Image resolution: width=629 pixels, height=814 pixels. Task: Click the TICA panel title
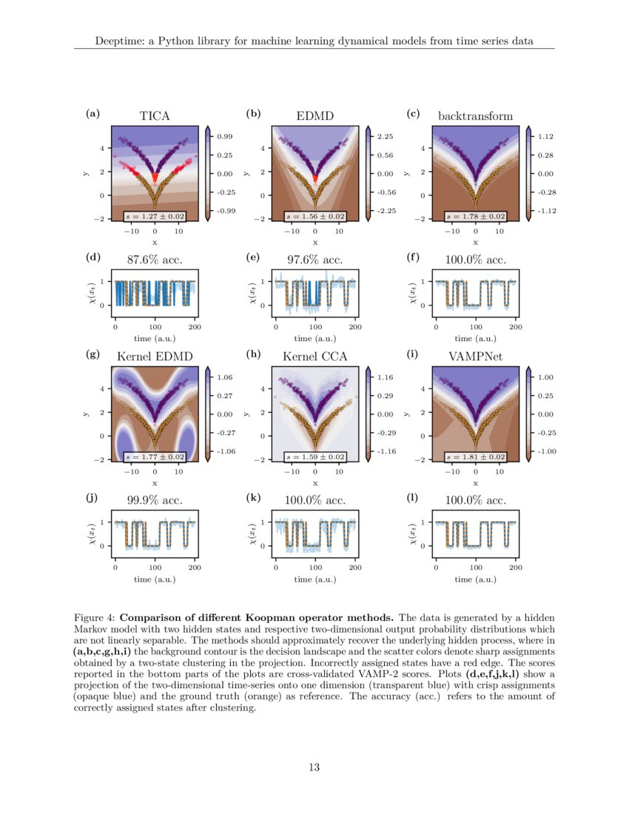click(155, 115)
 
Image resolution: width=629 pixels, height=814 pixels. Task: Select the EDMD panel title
click(314, 115)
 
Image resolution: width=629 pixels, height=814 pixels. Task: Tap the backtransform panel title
click(475, 115)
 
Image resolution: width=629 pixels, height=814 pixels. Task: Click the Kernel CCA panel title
click(314, 357)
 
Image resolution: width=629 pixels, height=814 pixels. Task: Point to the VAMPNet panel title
click(475, 357)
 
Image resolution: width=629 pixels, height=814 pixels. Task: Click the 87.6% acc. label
click(155, 260)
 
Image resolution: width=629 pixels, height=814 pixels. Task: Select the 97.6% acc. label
click(314, 260)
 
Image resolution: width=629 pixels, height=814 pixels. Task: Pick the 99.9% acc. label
click(155, 500)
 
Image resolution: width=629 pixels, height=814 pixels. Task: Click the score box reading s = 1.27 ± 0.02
click(155, 216)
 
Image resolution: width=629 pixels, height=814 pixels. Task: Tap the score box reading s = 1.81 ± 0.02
click(475, 457)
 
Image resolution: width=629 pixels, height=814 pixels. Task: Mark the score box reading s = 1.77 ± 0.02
click(155, 457)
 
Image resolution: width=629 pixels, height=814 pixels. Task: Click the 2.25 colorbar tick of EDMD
click(386, 137)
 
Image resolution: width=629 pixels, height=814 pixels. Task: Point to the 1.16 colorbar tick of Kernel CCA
click(386, 377)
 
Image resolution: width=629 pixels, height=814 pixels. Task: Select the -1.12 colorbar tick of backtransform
click(546, 211)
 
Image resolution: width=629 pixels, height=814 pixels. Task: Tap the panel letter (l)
click(413, 499)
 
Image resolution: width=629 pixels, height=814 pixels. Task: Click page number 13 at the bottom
click(314, 767)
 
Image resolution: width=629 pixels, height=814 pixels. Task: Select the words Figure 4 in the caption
click(95, 616)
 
